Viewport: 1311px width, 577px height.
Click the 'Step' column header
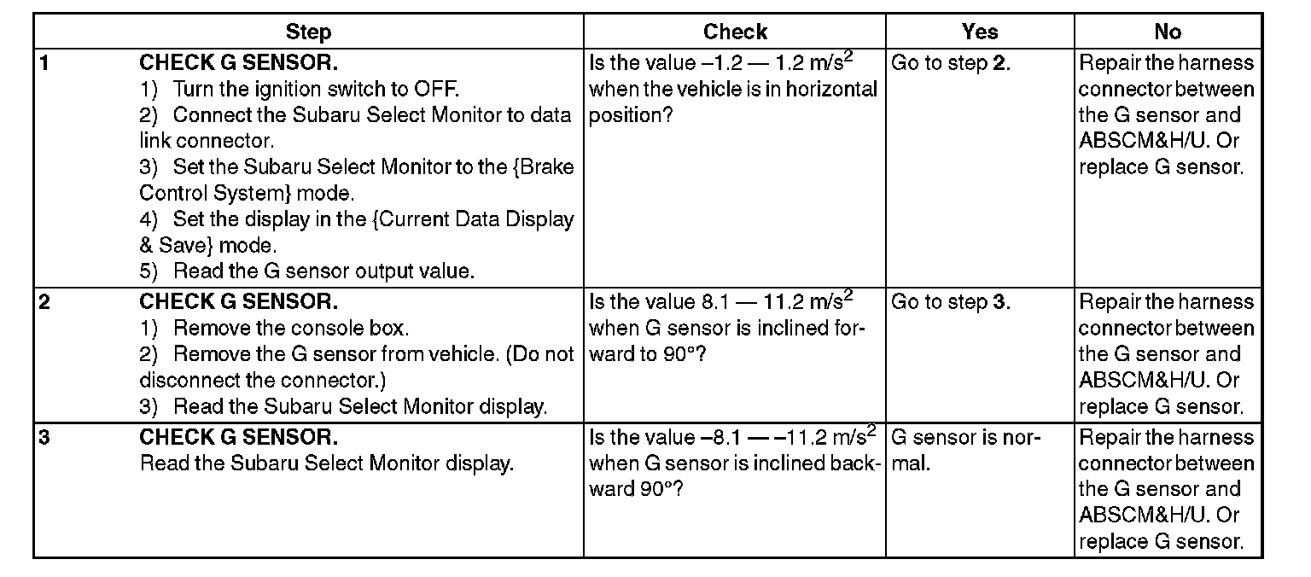tap(308, 32)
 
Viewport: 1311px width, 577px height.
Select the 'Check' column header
tap(735, 32)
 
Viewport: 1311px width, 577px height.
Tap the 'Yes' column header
tap(979, 32)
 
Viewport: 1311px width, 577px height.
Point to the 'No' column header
tap(1167, 32)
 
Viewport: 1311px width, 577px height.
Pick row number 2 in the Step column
tap(44, 301)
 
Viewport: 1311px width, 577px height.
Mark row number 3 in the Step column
tap(44, 438)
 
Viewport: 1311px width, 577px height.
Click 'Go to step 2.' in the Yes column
tap(951, 63)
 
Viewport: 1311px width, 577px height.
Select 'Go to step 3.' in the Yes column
tap(951, 301)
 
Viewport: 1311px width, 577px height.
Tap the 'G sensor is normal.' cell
tap(965, 451)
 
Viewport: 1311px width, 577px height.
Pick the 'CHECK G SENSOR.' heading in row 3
tap(238, 438)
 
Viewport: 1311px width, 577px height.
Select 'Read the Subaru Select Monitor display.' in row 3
tap(326, 463)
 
